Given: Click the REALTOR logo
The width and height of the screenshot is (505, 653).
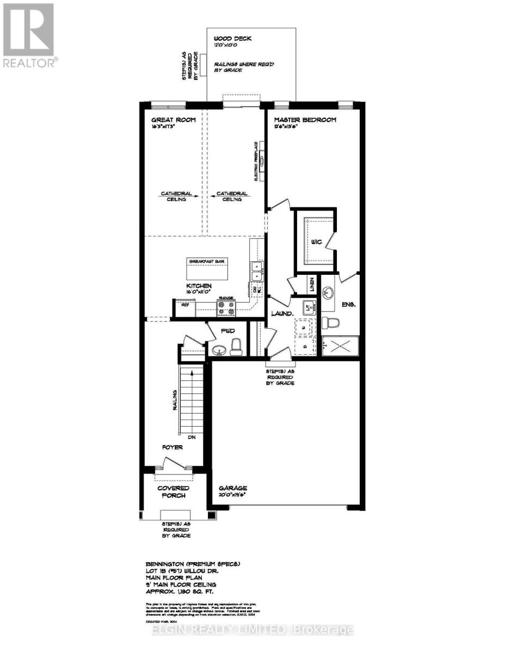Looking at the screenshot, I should pyautogui.click(x=28, y=35).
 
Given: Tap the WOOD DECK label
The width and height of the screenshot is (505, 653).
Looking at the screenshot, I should pyautogui.click(x=232, y=39).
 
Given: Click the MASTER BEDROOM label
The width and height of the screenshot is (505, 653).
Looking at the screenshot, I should pyautogui.click(x=305, y=120).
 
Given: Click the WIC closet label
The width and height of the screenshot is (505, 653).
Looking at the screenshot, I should pyautogui.click(x=314, y=241).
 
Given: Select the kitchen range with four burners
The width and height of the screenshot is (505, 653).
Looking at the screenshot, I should pyautogui.click(x=226, y=309).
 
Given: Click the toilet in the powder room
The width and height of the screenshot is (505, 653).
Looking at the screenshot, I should pyautogui.click(x=236, y=347).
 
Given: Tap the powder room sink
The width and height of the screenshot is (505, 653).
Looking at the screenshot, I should pyautogui.click(x=220, y=348).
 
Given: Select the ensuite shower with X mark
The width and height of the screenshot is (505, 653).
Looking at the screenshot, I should pyautogui.click(x=339, y=346).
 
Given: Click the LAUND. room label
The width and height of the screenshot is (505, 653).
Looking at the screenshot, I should pyautogui.click(x=280, y=314).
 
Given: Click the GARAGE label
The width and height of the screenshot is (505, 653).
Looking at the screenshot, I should pyautogui.click(x=233, y=488).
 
